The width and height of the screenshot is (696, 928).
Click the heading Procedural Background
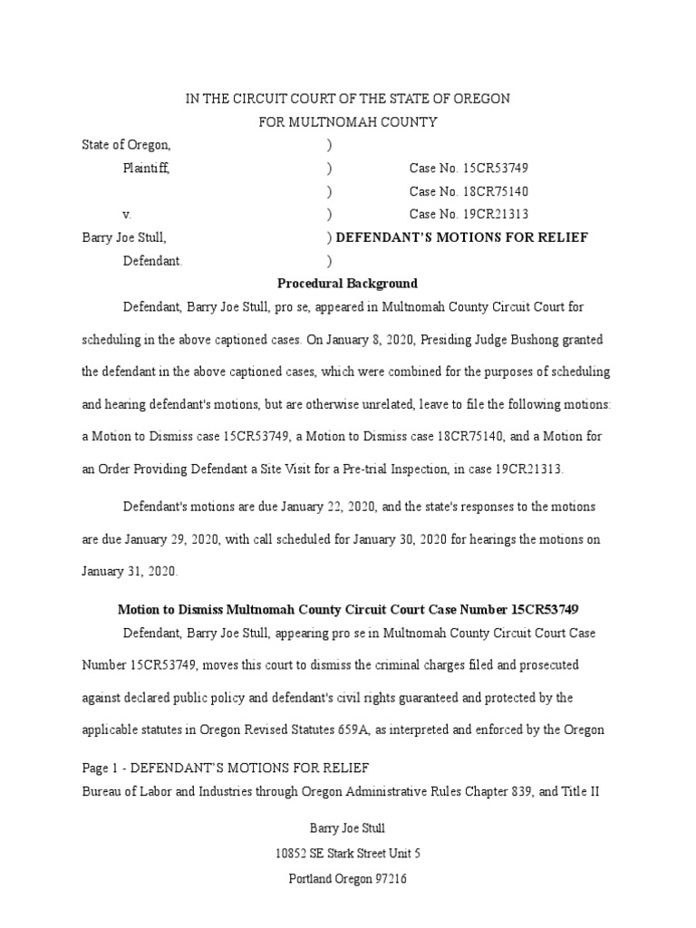(x=347, y=284)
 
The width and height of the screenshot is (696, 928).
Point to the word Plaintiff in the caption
(x=146, y=168)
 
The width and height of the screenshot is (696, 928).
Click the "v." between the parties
(x=128, y=215)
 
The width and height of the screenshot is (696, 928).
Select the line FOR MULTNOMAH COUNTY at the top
(x=348, y=121)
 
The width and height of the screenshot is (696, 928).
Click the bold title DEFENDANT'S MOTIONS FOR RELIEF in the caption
(x=462, y=237)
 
